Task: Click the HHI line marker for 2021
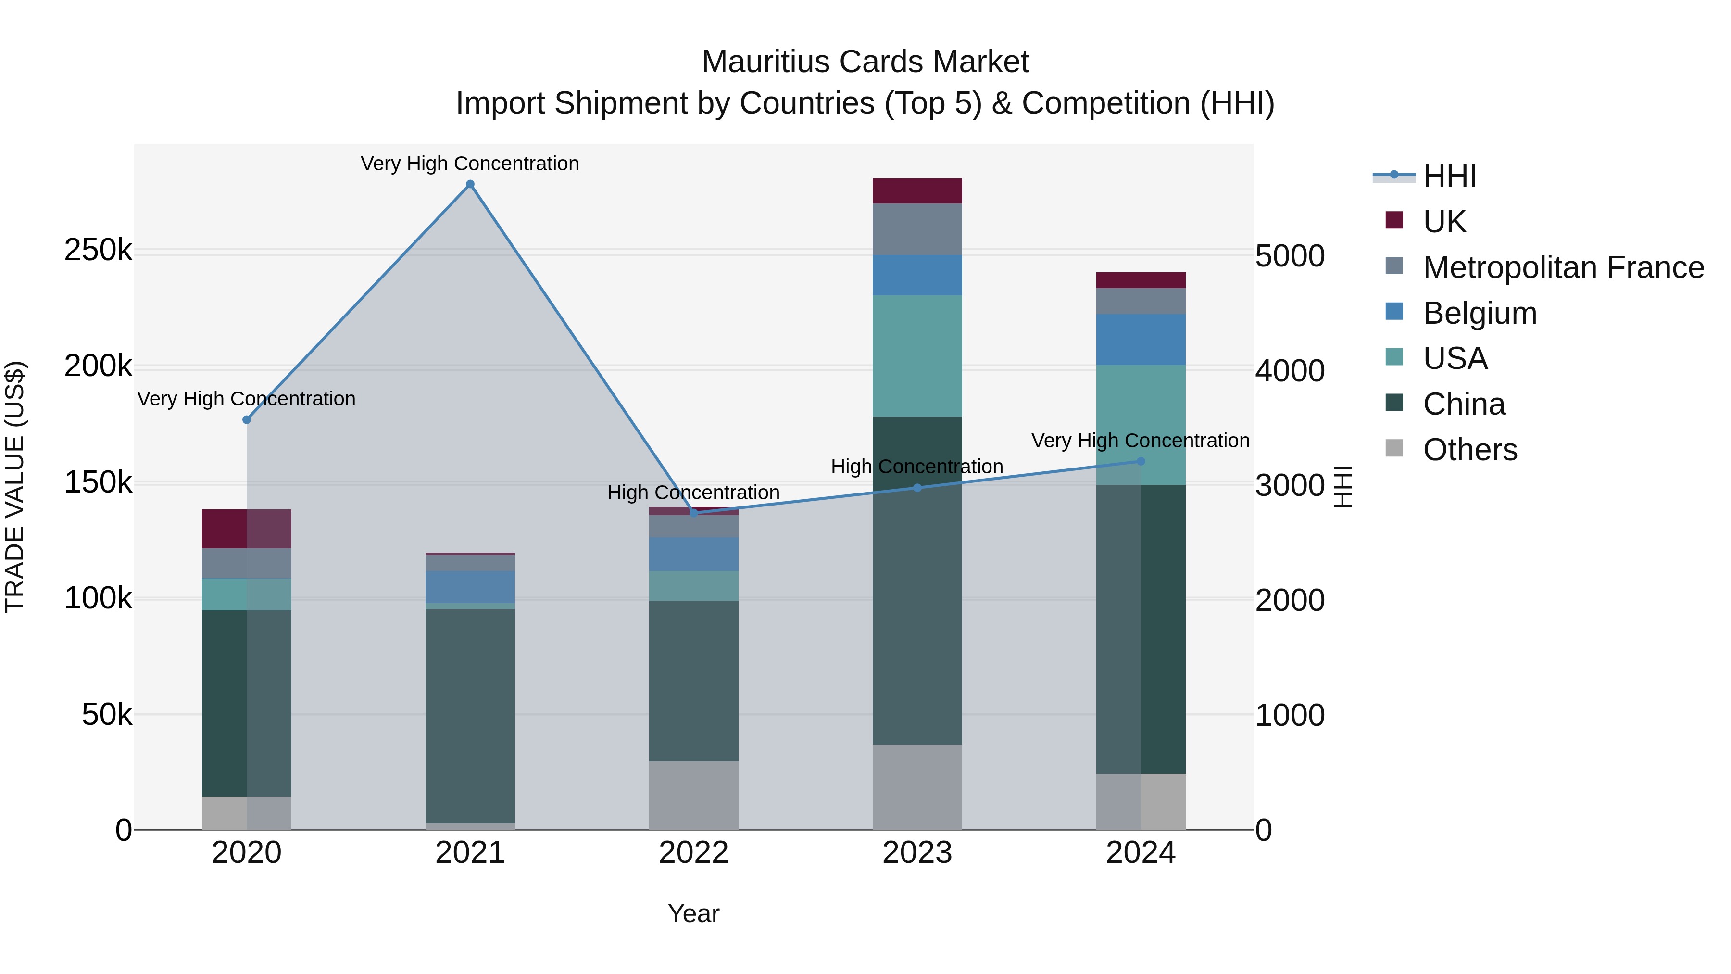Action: pos(470,184)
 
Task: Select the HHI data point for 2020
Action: pos(247,419)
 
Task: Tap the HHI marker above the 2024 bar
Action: pos(1141,461)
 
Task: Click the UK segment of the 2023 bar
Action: pos(917,191)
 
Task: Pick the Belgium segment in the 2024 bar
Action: pos(1141,340)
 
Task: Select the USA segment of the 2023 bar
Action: pos(917,355)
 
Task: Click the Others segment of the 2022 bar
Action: pos(693,795)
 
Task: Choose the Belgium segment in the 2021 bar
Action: pos(470,587)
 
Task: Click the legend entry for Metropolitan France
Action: pos(1563,267)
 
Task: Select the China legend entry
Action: pos(1464,404)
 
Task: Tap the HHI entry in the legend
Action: pos(1449,176)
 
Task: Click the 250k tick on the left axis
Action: pos(98,251)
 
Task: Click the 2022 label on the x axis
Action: pos(693,853)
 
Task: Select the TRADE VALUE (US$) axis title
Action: pos(15,487)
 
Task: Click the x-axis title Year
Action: pos(693,913)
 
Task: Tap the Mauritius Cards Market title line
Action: pos(865,62)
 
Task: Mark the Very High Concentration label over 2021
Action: pos(470,164)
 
